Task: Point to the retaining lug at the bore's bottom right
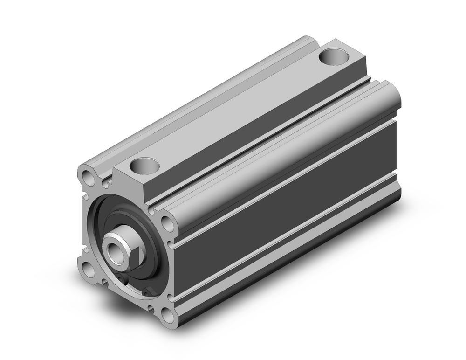coord(150,291)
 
